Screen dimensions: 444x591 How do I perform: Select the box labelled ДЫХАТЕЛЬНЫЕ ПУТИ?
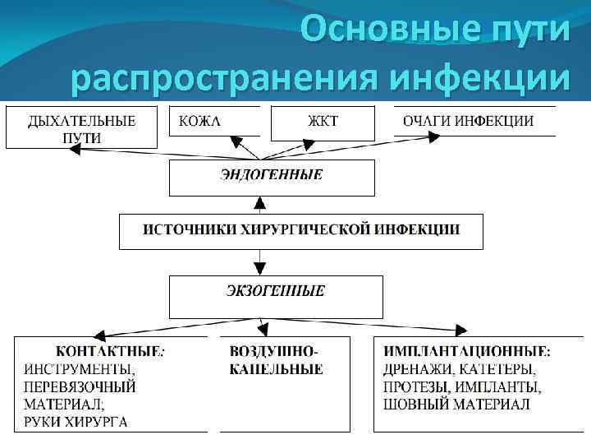click(81, 128)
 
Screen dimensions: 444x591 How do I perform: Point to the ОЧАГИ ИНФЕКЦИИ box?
click(468, 122)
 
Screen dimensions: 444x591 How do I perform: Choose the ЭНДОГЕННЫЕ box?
click(272, 176)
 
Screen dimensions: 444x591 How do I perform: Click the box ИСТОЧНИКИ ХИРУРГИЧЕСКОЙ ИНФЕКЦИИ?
click(301, 230)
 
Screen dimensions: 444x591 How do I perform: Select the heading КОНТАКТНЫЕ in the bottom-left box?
click(107, 351)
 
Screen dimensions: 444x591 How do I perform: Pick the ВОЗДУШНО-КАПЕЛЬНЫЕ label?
click(276, 360)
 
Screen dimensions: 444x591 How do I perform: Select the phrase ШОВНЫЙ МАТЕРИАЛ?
click(456, 405)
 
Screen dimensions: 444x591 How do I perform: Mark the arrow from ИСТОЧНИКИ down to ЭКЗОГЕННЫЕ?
click(259, 262)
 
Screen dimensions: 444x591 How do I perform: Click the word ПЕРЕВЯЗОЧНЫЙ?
click(80, 386)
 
